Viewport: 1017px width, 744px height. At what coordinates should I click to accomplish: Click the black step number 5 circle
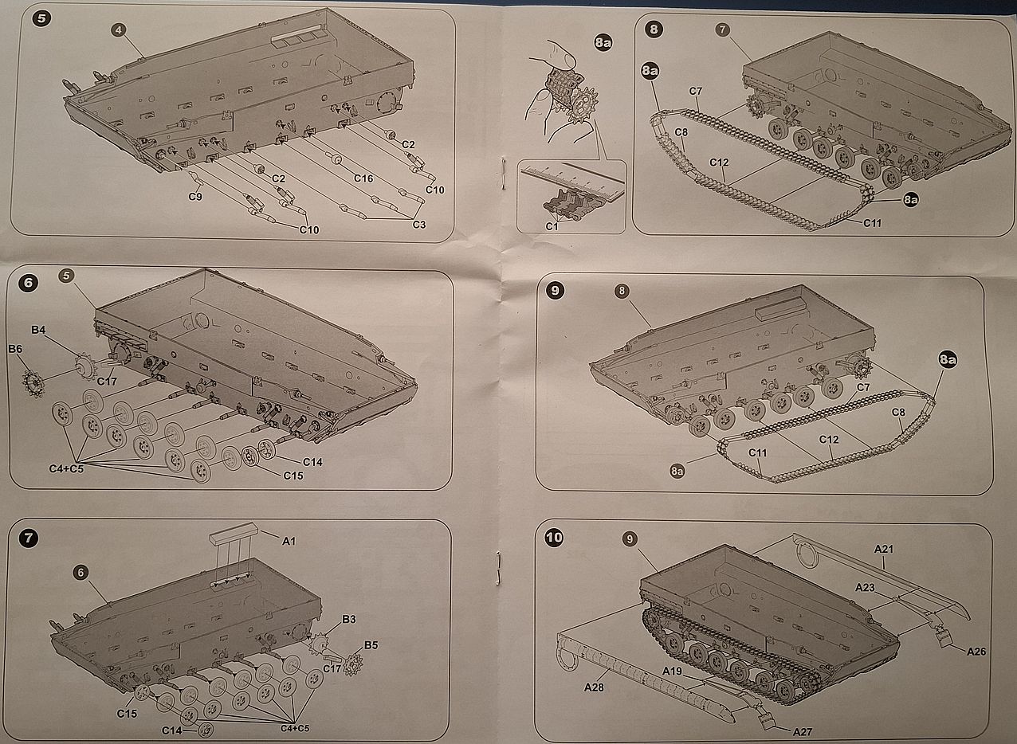[41, 18]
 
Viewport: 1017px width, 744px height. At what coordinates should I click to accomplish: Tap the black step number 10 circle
[554, 538]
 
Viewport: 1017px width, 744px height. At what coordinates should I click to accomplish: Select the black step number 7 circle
[29, 538]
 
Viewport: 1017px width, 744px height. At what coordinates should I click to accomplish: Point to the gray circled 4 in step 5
[119, 30]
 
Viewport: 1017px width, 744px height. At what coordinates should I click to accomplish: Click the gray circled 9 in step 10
[630, 539]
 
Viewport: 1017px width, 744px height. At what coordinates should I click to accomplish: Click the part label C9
[195, 197]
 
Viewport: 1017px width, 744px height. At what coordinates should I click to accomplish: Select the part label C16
[363, 178]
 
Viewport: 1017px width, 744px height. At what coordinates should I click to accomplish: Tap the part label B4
[38, 330]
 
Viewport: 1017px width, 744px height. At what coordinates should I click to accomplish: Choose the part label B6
[15, 349]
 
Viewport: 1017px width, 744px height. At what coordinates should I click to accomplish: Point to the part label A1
[289, 541]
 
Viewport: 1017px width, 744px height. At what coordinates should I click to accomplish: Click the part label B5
[371, 645]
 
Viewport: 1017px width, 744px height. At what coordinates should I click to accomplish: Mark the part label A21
[884, 549]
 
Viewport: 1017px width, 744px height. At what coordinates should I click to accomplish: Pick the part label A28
[594, 687]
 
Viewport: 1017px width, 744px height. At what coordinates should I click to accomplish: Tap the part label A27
[803, 732]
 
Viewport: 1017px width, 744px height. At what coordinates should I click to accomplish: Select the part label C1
[552, 226]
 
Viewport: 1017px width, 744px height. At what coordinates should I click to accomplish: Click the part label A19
[673, 671]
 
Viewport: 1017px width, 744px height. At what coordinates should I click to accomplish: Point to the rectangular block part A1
[234, 532]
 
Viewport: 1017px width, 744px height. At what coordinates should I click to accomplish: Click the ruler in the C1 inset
[573, 182]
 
